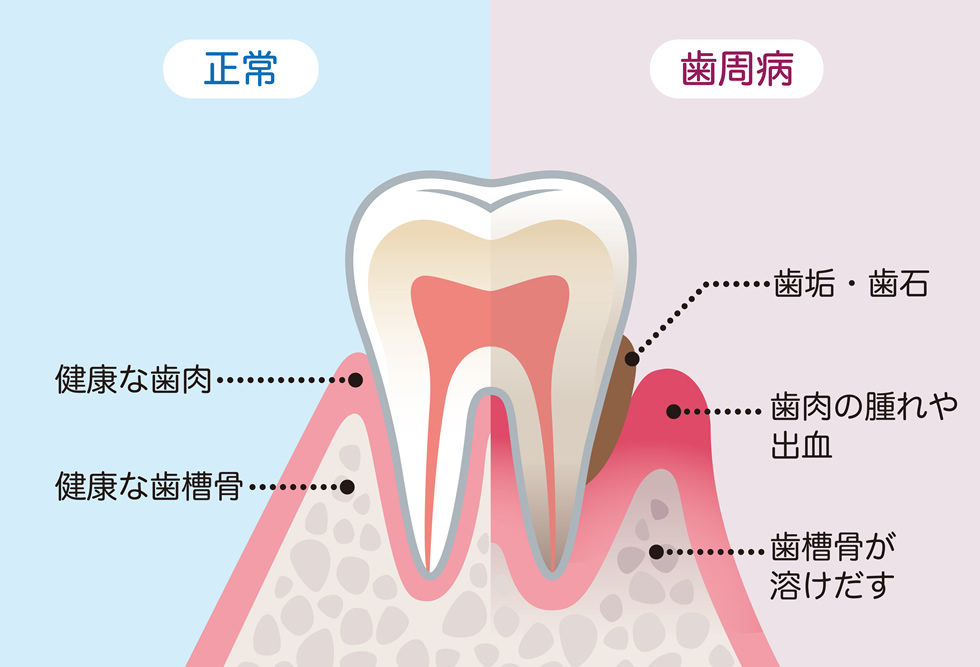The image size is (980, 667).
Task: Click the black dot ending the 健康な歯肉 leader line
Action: (x=355, y=379)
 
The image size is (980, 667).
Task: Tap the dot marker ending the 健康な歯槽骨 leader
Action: (x=348, y=487)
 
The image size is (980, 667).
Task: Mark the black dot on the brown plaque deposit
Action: (x=632, y=359)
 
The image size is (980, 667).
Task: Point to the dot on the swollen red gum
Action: (x=673, y=411)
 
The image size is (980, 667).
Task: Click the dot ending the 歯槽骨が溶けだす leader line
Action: (x=656, y=552)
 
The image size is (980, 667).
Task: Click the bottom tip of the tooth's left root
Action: (x=429, y=572)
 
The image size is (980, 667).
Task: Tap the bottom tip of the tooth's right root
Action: (x=551, y=572)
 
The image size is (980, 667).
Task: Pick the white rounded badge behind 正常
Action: (x=241, y=69)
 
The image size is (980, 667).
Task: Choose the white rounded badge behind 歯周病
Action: (x=736, y=69)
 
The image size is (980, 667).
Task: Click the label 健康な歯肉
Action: (x=134, y=379)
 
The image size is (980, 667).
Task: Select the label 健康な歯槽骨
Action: (x=149, y=487)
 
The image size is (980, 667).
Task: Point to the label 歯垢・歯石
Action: (x=851, y=284)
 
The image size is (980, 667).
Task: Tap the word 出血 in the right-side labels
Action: (x=801, y=446)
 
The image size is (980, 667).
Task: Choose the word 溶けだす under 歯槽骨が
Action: (x=831, y=585)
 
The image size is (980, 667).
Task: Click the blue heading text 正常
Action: (x=241, y=69)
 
